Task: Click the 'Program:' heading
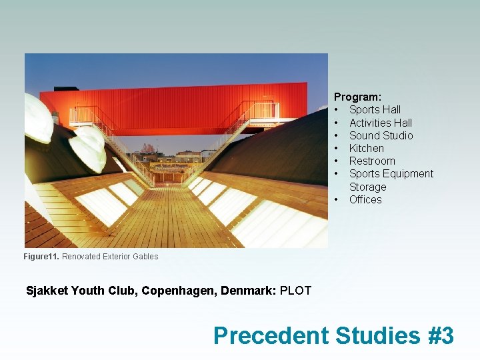[x=357, y=97]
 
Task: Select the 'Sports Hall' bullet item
[x=375, y=109]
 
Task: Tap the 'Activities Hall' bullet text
[x=380, y=123]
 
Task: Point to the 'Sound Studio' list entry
[x=381, y=135]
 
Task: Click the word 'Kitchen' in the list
[x=366, y=148]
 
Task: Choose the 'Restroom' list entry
[x=372, y=161]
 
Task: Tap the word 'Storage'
[x=367, y=187]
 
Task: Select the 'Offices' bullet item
[x=365, y=199]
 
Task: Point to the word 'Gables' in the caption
[x=145, y=257]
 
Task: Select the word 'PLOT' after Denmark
[x=295, y=291]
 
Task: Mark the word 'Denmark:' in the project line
[x=249, y=291]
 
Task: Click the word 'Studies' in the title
[x=377, y=335]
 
